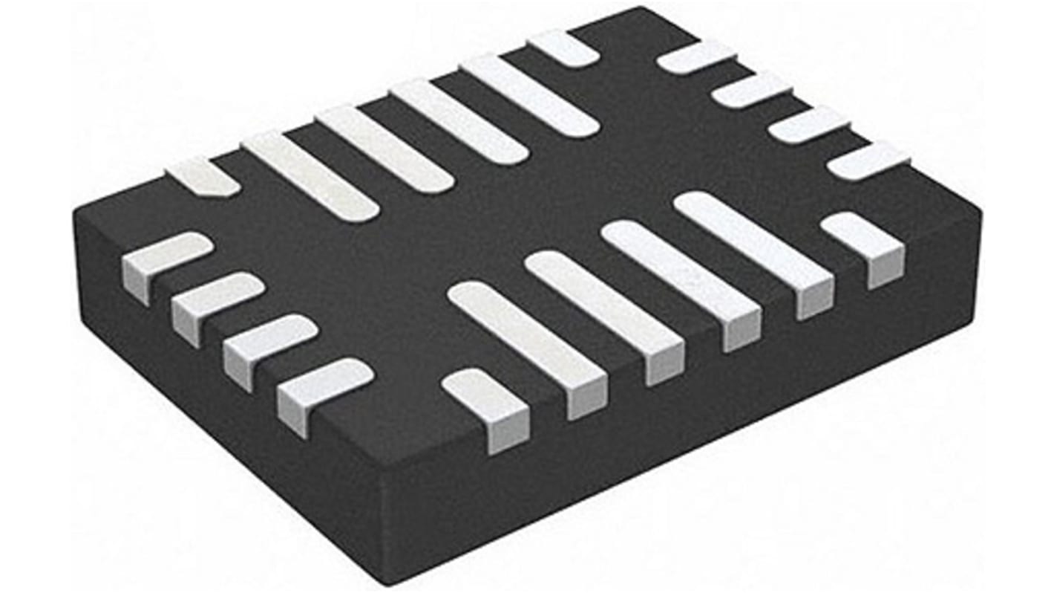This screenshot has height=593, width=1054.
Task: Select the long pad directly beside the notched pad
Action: point(310,176)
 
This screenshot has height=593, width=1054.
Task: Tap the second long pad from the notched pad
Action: point(384,149)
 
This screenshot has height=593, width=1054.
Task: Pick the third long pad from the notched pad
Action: point(458,121)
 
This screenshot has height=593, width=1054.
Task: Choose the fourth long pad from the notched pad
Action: point(528,95)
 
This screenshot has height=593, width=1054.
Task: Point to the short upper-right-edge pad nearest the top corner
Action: point(696,57)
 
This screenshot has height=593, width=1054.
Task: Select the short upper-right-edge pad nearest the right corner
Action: point(868,161)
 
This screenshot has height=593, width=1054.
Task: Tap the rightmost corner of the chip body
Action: point(980,212)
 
